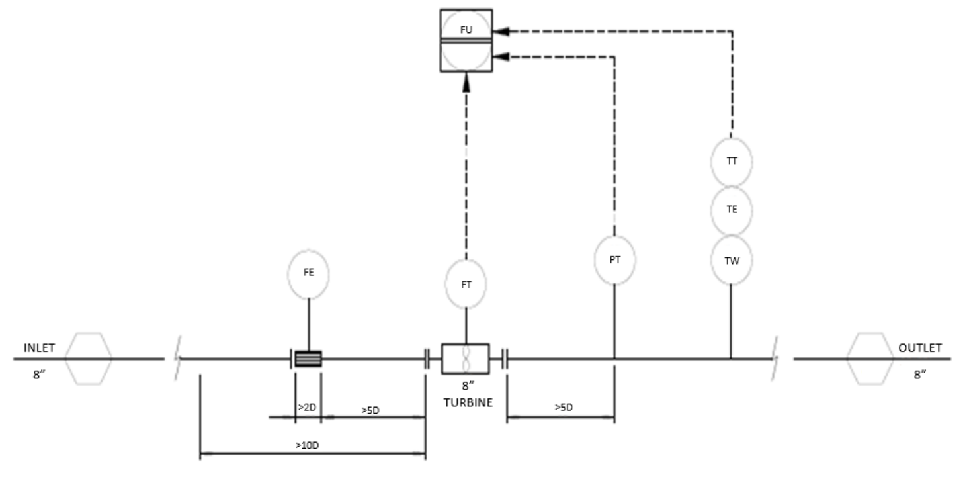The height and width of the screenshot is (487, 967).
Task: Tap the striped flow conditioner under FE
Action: point(308,359)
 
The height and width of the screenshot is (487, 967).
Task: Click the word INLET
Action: point(39,348)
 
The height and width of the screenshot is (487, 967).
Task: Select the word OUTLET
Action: point(920,348)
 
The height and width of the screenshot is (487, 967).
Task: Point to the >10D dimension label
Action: point(307,445)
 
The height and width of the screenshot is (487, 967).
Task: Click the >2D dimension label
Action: point(307,407)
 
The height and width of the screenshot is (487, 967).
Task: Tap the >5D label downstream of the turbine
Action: point(564,407)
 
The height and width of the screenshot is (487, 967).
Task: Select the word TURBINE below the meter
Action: point(468,403)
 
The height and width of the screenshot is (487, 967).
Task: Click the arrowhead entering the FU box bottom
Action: point(466,83)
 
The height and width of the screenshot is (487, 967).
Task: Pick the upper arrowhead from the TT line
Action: point(501,31)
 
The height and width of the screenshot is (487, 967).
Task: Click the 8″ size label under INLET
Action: point(39,375)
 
